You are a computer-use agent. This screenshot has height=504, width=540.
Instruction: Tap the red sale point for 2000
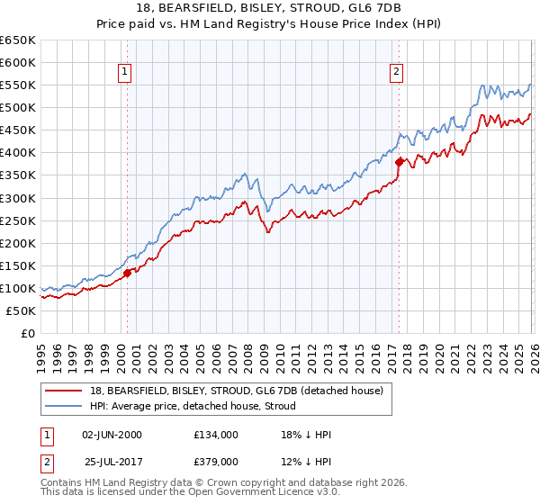point(128,273)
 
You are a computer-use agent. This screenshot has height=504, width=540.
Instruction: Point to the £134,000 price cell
point(216,434)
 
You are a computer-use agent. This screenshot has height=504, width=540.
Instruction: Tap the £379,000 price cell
point(216,461)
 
